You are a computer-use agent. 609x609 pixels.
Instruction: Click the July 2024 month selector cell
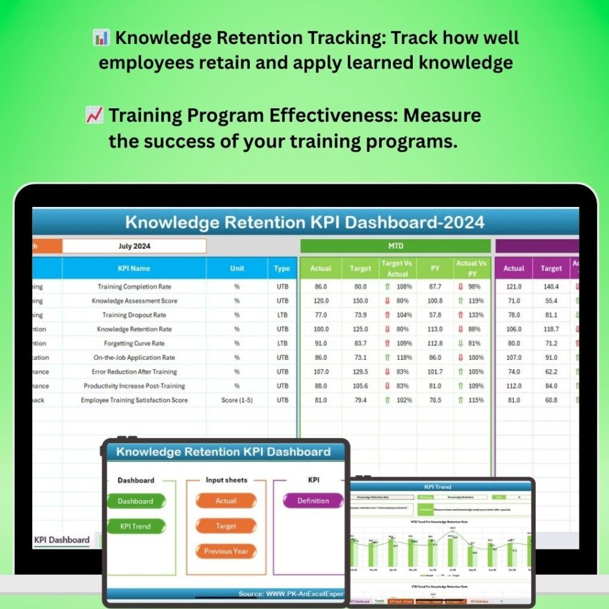[x=134, y=246]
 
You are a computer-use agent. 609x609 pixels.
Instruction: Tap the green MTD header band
[x=395, y=246]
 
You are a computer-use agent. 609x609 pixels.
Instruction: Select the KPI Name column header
[x=134, y=268]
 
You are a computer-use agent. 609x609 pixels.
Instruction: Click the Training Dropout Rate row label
[x=134, y=315]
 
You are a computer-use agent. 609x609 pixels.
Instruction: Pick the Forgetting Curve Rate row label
[x=134, y=343]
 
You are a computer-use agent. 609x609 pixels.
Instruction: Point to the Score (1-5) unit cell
[x=237, y=400]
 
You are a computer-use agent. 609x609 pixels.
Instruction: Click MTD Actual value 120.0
[x=321, y=300]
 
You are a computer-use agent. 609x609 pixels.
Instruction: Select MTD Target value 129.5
[x=360, y=372]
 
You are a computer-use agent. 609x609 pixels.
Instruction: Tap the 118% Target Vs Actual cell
[x=398, y=357]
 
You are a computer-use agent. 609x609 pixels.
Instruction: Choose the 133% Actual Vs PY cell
[x=472, y=315]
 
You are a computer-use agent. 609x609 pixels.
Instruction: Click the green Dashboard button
[x=136, y=501]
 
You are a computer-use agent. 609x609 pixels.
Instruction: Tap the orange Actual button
[x=226, y=501]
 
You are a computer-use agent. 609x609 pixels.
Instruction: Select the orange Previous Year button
[x=226, y=551]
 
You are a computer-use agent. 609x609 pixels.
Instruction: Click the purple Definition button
[x=313, y=501]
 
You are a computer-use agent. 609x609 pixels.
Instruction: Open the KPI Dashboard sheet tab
[x=62, y=540]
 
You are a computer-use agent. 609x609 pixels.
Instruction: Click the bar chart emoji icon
[x=101, y=38]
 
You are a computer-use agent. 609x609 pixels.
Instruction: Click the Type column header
[x=282, y=268]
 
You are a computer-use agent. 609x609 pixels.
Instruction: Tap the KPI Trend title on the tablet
[x=438, y=487]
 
